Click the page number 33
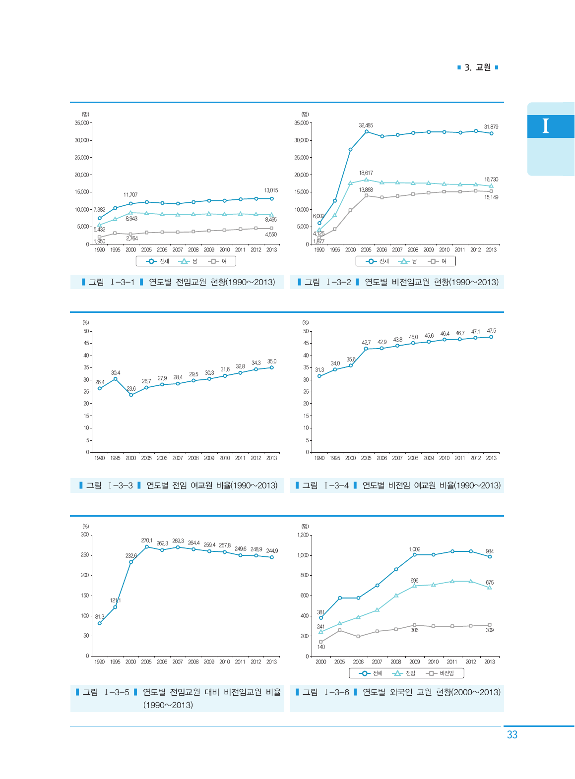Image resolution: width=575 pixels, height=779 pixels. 512,735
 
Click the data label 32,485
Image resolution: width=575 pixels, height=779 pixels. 366,125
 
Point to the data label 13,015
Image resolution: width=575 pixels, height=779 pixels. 271,190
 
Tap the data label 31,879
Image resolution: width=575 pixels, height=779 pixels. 491,127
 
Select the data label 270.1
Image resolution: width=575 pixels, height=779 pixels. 146,540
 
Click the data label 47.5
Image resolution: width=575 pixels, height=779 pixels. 491,331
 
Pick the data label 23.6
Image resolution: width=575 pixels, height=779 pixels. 131,389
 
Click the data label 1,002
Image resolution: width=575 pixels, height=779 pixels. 414,549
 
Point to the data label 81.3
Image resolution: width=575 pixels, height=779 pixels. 100,617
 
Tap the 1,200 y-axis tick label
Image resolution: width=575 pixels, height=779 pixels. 303,535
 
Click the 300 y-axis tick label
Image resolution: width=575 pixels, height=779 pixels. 85,535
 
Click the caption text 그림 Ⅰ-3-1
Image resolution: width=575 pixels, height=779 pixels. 112,282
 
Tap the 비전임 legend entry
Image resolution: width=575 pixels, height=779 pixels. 446,673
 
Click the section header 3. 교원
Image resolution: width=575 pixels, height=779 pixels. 477,67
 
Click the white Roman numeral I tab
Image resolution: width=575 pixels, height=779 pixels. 546,126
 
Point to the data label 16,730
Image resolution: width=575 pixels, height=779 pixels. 491,180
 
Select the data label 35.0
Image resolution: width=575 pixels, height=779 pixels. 272,361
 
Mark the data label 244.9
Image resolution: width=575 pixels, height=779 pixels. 272,551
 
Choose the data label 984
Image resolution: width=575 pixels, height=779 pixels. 490,551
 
